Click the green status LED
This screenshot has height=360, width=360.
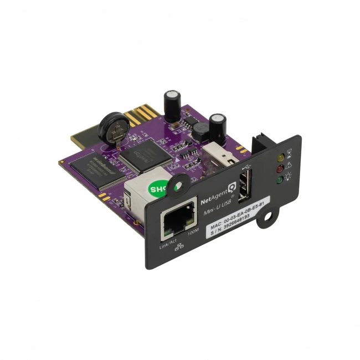(281, 178)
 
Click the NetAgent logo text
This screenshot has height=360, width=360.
(211, 196)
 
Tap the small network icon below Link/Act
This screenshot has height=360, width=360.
(178, 248)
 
